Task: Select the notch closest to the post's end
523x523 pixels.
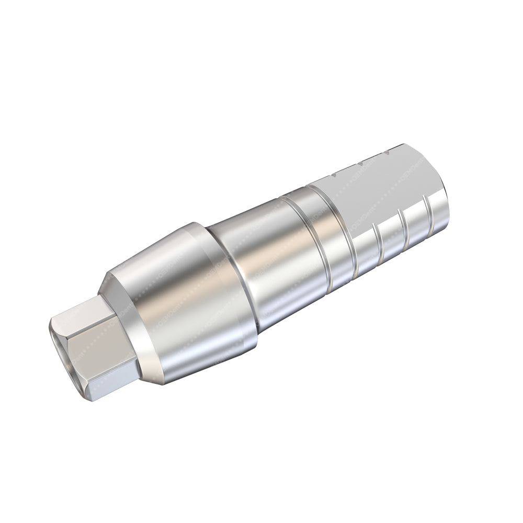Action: [386, 152]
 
